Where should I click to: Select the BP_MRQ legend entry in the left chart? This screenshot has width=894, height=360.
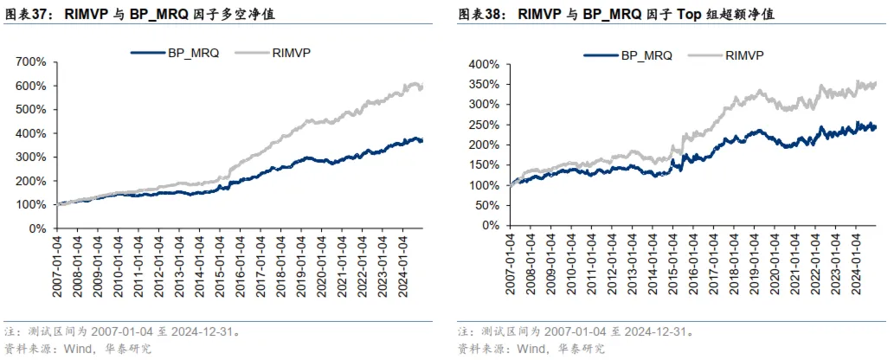coord(177,52)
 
